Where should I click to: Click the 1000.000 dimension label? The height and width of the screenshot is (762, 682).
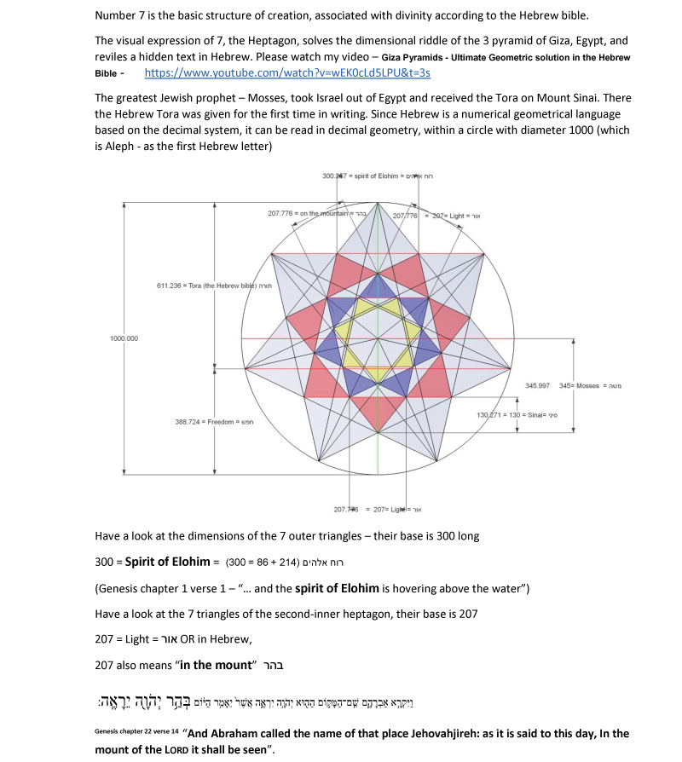tap(124, 338)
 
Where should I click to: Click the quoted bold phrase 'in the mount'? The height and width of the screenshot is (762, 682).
tap(217, 664)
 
